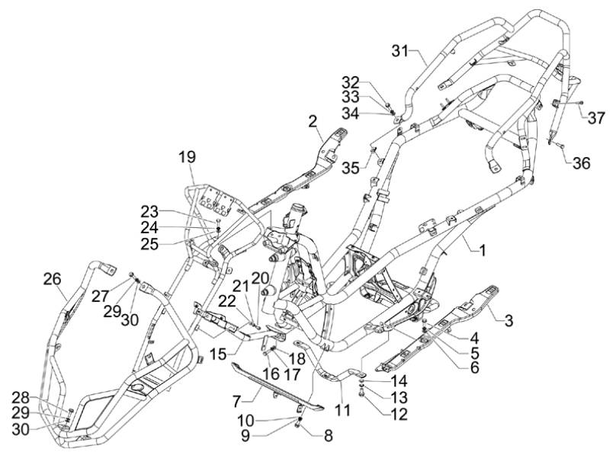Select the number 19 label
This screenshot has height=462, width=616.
[187, 157]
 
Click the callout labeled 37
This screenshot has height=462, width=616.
[595, 117]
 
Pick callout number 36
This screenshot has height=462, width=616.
[581, 163]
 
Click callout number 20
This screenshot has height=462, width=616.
[260, 277]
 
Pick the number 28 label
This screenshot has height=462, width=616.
[21, 396]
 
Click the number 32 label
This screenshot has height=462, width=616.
[350, 82]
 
